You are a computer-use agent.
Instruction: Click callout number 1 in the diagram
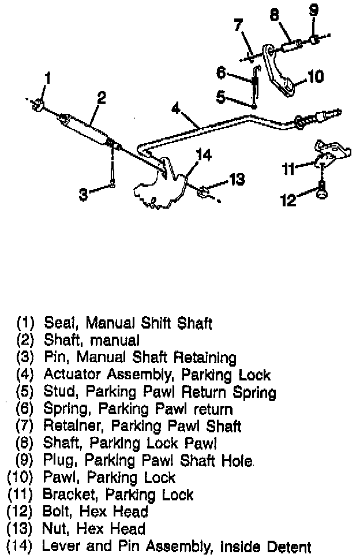pos(48,77)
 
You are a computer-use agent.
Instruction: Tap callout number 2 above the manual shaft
pos(102,98)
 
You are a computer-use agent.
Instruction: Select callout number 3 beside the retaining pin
pos(84,195)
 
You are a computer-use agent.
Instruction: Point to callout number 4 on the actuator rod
pos(175,108)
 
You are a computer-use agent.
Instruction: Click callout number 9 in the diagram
pos(313,10)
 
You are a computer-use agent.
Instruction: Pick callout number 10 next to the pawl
pos(316,76)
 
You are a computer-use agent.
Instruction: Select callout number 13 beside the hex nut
pos(237,180)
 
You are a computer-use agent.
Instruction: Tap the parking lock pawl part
pos(280,71)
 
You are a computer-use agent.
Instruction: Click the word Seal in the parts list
pos(57,323)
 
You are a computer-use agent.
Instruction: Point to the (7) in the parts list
pos(28,427)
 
